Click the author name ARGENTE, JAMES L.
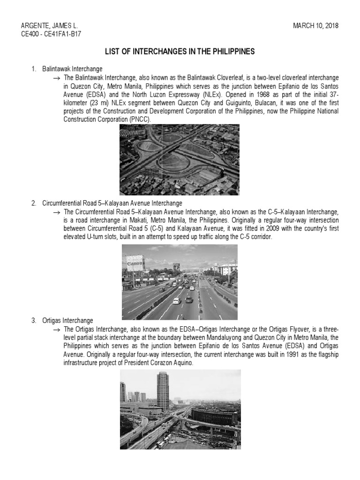49,26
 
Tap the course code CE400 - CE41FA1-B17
52,34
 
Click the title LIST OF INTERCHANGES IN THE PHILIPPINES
179,52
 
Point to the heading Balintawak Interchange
72,69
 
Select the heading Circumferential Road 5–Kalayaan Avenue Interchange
112,203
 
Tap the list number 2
34,203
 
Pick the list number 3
34,321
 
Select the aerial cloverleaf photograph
179,159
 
